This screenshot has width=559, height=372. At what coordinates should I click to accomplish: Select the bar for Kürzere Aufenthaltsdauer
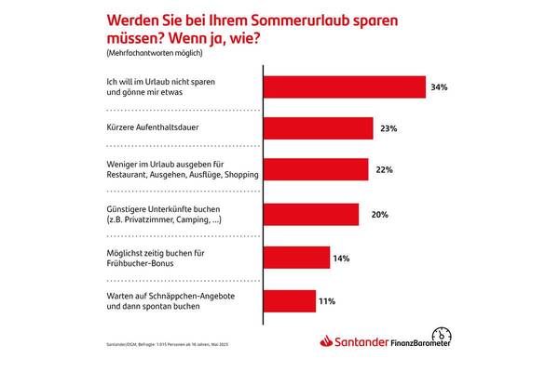click(319, 129)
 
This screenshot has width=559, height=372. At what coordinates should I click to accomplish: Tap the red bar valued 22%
click(317, 171)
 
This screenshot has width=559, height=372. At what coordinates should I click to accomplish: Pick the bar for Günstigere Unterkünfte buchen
click(312, 214)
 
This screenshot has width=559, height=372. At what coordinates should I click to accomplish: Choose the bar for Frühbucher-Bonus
click(297, 258)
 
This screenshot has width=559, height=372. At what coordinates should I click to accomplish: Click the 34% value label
click(440, 87)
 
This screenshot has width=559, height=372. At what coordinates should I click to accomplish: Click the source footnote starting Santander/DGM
click(163, 347)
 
